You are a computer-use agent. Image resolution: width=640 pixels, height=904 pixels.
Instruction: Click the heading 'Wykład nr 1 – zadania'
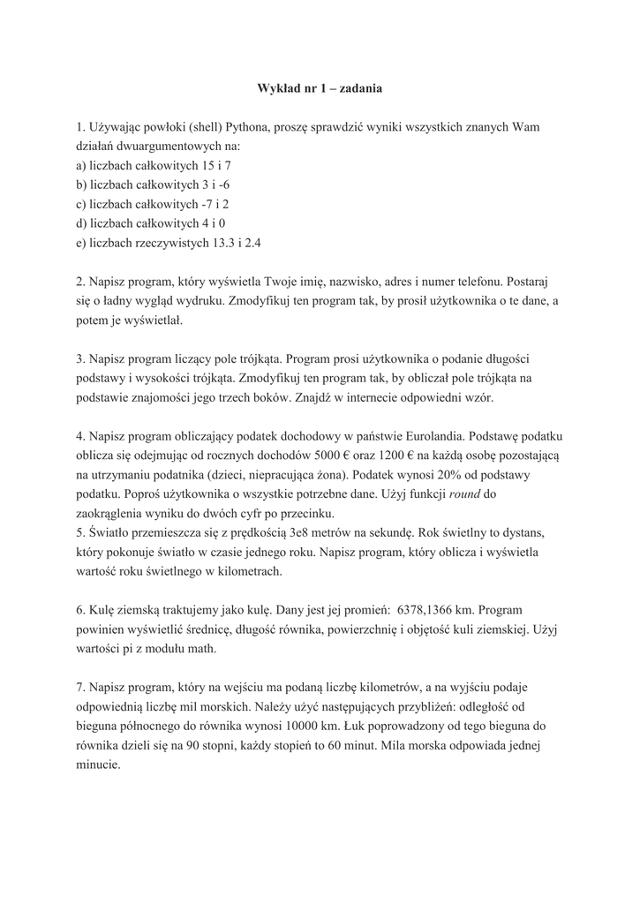pos(320,88)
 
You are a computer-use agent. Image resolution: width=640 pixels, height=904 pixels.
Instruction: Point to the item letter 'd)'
pos(82,223)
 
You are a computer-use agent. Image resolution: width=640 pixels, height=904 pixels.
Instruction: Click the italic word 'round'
pos(464,494)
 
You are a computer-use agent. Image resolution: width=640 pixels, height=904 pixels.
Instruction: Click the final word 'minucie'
pos(98,765)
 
